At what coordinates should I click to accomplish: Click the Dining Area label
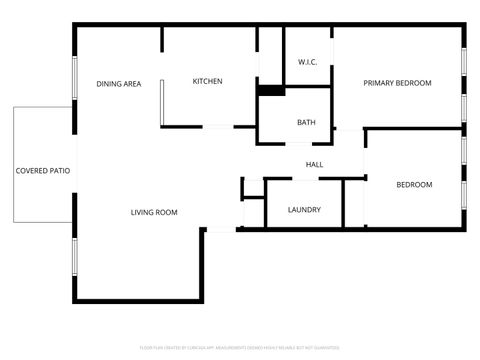pos(118,84)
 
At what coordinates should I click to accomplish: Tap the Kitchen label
pos(207,82)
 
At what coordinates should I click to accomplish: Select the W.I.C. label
pos(307,63)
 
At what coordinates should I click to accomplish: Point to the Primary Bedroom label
pos(397,83)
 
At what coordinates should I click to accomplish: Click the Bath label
pos(306,123)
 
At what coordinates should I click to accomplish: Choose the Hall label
pos(314,165)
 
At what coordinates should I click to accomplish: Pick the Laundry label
pos(303,210)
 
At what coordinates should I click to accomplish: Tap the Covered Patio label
pos(43,171)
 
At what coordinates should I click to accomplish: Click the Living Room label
pos(154,212)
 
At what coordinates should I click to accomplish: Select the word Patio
pos(59,171)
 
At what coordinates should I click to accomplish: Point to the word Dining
pos(108,84)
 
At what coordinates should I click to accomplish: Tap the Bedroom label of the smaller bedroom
pos(414,185)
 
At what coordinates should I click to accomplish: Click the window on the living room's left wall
pos(73,257)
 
